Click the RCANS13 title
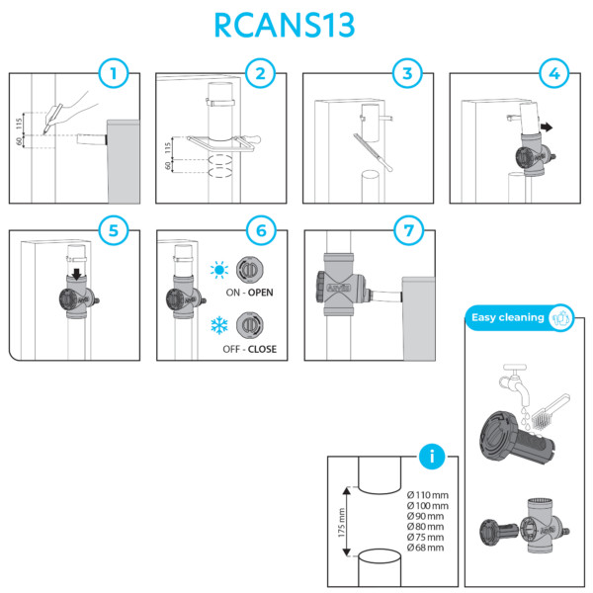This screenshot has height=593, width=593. [296, 24]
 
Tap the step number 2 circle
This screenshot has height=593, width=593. [260, 73]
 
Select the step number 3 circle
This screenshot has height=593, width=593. [407, 73]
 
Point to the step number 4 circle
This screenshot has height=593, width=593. [553, 73]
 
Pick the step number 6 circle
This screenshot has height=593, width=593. [260, 230]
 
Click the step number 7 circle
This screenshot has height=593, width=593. [407, 230]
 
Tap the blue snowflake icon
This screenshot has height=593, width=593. [218, 325]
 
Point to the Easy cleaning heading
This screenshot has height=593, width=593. [508, 317]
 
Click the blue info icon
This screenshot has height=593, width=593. [432, 457]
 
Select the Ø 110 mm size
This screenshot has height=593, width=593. [427, 494]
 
